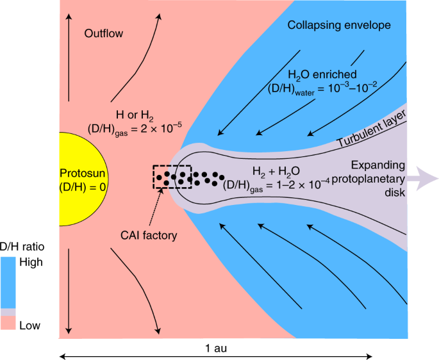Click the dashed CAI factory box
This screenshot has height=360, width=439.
tap(172, 176)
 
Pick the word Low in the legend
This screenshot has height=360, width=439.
tap(29, 325)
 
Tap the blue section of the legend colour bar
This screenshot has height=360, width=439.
tap(8, 282)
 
